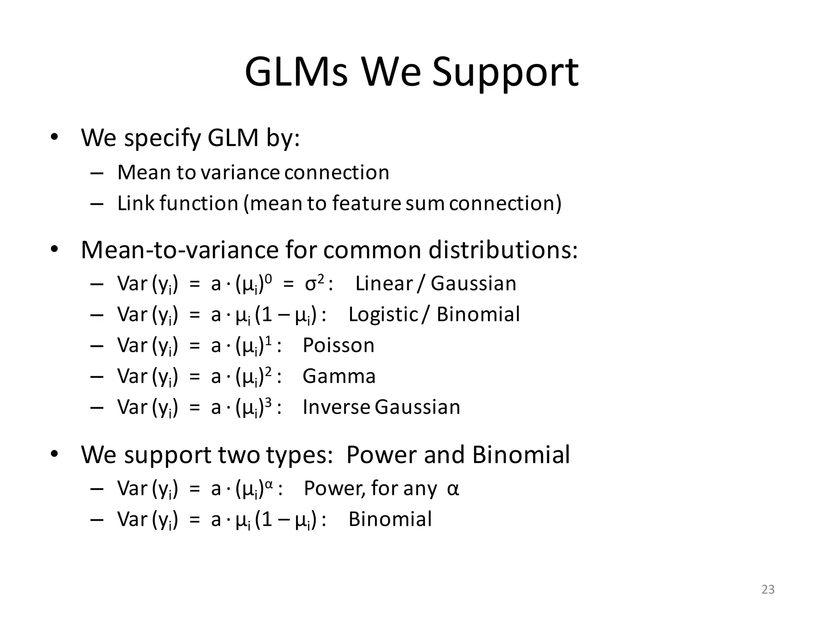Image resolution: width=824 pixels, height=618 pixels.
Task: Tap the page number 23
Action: pos(768,589)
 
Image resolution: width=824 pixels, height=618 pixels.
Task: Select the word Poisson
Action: pos(338,345)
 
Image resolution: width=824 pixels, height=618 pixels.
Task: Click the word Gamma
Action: pos(339,376)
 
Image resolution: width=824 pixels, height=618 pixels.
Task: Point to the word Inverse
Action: pos(336,407)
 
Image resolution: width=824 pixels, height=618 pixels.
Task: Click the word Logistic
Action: pos(383,314)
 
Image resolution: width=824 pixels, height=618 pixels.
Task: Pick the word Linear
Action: pos(384,283)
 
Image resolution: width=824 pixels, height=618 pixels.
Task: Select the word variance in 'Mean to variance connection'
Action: pos(240,173)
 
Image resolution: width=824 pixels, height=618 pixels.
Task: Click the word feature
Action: pos(366,203)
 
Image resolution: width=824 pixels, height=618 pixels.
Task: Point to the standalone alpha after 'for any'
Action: pos(453,489)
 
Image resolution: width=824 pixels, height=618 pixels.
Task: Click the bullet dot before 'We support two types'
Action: pos(54,454)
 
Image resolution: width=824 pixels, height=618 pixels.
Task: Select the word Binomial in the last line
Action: pos(390,519)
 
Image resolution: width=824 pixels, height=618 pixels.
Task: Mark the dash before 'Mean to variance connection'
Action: pos(97,173)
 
